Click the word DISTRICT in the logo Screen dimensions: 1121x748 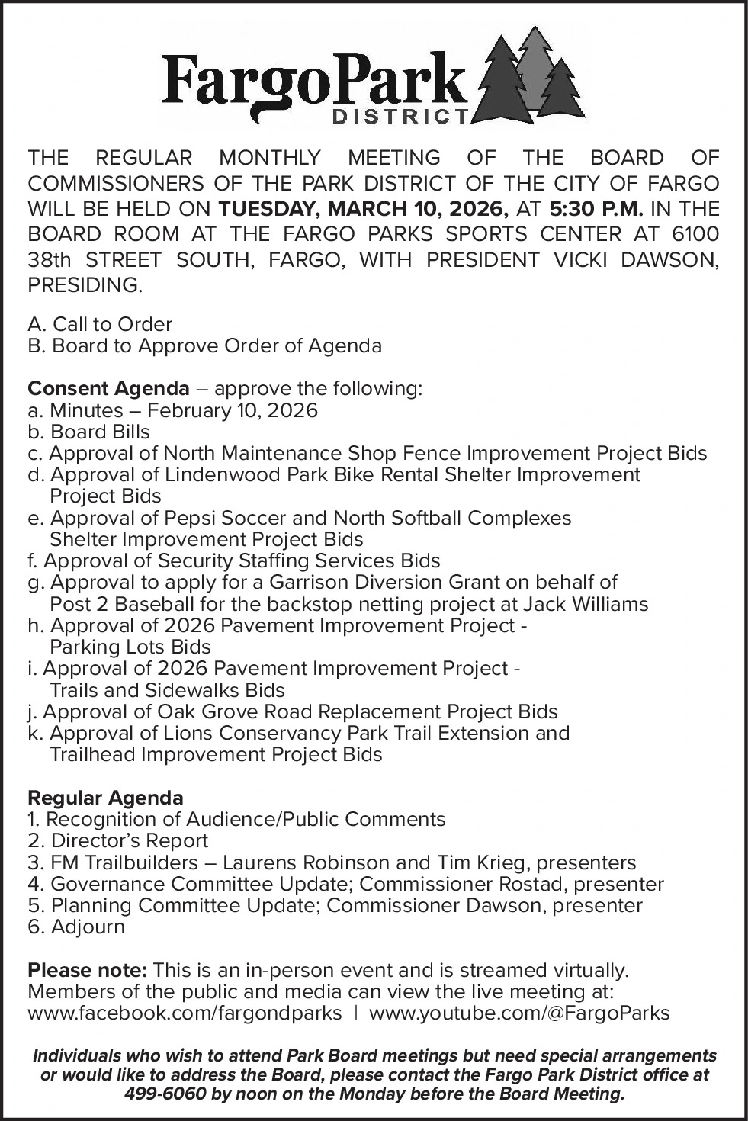point(402,117)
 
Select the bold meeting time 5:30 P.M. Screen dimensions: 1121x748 point(596,208)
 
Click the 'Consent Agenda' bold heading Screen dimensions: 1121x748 point(108,388)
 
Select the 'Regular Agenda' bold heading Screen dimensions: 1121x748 point(105,798)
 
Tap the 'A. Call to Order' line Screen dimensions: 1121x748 point(100,324)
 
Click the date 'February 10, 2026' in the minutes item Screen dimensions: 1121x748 point(232,410)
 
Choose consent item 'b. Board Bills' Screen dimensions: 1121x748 point(88,432)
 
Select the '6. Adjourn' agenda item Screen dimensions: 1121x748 point(76,927)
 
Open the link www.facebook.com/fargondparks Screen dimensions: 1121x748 point(185,1013)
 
